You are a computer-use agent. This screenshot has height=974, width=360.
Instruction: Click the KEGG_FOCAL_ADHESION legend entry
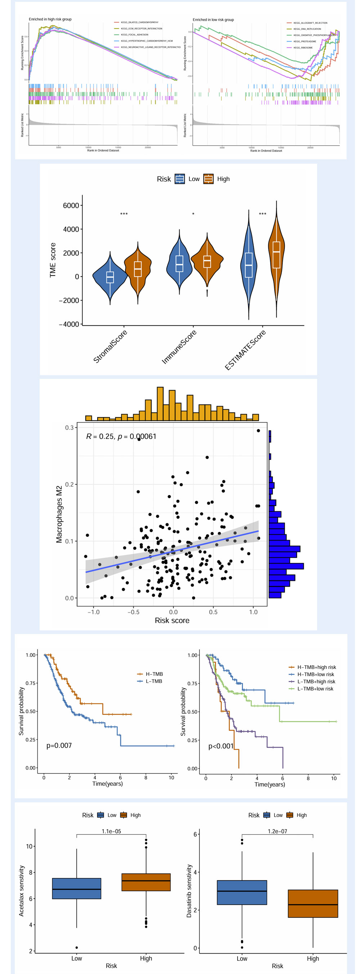pyautogui.click(x=134, y=35)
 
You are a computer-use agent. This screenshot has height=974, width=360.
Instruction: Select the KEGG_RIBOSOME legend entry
pyautogui.click(x=303, y=47)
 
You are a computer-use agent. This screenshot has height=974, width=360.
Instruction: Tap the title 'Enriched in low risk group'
pyautogui.click(x=213, y=20)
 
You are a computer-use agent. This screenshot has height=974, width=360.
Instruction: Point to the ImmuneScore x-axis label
pyautogui.click(x=179, y=347)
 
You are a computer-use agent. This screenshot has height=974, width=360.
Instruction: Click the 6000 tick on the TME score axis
pyautogui.click(x=71, y=206)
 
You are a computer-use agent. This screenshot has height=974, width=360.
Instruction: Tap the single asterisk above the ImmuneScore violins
pyautogui.click(x=193, y=214)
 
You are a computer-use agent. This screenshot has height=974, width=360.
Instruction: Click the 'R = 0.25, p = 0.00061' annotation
pyautogui.click(x=121, y=436)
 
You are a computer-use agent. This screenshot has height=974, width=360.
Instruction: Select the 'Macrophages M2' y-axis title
pyautogui.click(x=59, y=514)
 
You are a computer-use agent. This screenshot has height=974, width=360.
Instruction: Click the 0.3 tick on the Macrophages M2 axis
pyautogui.click(x=69, y=428)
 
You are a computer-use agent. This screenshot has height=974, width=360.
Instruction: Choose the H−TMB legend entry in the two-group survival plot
pyautogui.click(x=154, y=674)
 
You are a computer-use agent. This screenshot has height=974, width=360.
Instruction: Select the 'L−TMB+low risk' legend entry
pyautogui.click(x=315, y=689)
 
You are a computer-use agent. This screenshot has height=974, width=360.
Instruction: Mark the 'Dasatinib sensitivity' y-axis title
pyautogui.click(x=189, y=890)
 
